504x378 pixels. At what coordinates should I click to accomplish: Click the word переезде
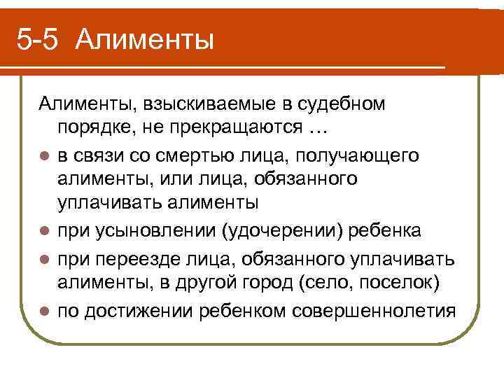(130, 258)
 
